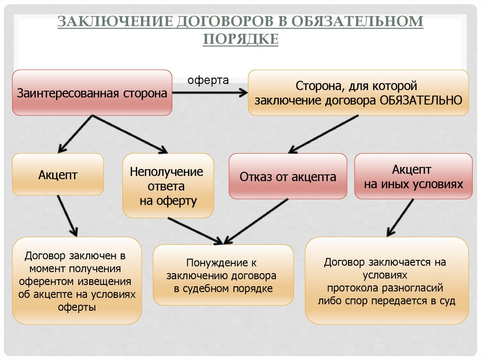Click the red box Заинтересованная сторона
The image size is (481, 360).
92,93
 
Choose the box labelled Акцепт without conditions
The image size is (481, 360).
58,175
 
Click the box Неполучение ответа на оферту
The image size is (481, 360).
168,186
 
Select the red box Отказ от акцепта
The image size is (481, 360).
288,176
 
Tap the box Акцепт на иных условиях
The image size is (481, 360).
413,176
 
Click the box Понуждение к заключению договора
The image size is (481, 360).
223,276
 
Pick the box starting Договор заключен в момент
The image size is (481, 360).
77,281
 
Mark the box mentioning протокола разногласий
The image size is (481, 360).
387,281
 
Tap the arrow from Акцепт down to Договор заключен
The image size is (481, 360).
67,215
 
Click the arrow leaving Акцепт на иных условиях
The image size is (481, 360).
400,217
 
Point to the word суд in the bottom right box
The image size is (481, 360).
448,301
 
